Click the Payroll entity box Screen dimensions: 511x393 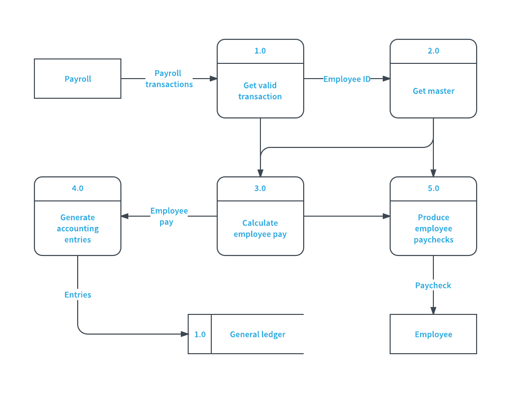[x=78, y=79]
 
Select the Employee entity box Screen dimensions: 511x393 [x=433, y=334]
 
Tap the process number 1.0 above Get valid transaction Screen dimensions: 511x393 [x=260, y=51]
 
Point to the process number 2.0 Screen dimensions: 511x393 [x=433, y=51]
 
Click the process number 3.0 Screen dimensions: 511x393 [x=260, y=188]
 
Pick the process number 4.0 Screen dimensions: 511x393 [x=78, y=188]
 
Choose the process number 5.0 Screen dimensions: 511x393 [x=433, y=188]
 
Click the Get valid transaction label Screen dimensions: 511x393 [x=260, y=91]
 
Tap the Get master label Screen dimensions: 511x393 [x=433, y=91]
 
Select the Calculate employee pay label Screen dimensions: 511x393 [x=260, y=228]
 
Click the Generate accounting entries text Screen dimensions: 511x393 [x=78, y=228]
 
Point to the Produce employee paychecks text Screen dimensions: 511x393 [x=433, y=228]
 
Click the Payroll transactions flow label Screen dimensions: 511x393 [x=169, y=79]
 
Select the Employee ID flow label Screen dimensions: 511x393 [x=347, y=79]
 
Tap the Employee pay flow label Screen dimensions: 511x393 [x=169, y=216]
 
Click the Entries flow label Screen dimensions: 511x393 [x=78, y=295]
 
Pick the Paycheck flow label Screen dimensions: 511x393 [x=433, y=285]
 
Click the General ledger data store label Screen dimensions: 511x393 [x=257, y=335]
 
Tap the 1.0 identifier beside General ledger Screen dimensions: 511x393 [x=200, y=335]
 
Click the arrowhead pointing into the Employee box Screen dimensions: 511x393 [x=433, y=310]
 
